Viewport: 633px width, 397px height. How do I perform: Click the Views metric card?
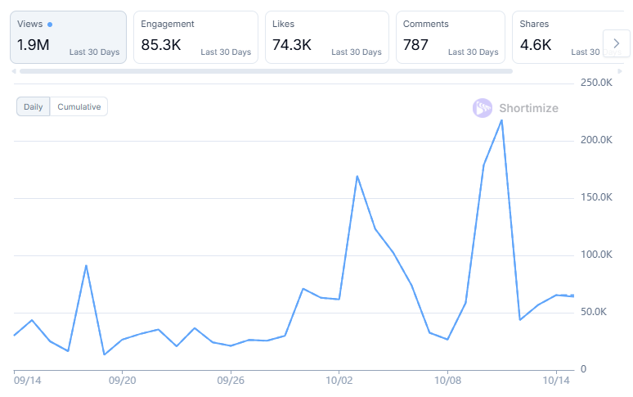pyautogui.click(x=68, y=37)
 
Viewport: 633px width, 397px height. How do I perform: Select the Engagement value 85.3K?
pyautogui.click(x=161, y=45)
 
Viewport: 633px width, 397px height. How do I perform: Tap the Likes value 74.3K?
pyautogui.click(x=292, y=45)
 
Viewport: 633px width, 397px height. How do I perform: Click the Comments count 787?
pyautogui.click(x=415, y=45)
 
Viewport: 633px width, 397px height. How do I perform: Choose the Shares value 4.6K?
pyautogui.click(x=536, y=45)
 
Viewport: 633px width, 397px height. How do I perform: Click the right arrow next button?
pyautogui.click(x=616, y=43)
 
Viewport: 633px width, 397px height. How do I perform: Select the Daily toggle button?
pyautogui.click(x=34, y=106)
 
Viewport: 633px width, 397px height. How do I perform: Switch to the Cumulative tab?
pyautogui.click(x=79, y=106)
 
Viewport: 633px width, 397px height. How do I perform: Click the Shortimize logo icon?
pyautogui.click(x=483, y=108)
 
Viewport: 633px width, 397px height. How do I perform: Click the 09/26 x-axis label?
pyautogui.click(x=231, y=380)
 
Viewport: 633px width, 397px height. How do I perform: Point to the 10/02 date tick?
pyautogui.click(x=339, y=380)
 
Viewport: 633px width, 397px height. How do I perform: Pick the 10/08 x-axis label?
pyautogui.click(x=448, y=380)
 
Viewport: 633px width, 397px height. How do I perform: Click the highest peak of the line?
pyautogui.click(x=501, y=120)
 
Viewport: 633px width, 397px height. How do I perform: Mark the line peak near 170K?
pyautogui.click(x=357, y=176)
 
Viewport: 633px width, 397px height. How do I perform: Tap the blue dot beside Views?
pyautogui.click(x=50, y=25)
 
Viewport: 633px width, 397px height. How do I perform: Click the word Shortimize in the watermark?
pyautogui.click(x=529, y=108)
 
